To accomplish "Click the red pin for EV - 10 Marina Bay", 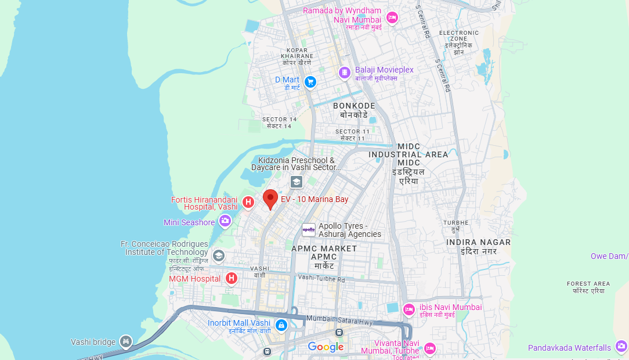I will click(x=270, y=199).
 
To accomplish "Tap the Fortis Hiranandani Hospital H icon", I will click(x=248, y=202).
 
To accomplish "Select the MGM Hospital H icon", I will click(x=232, y=279).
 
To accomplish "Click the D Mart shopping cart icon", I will click(x=310, y=82).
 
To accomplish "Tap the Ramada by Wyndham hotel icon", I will click(x=392, y=17).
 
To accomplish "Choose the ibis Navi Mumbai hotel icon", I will click(x=409, y=308).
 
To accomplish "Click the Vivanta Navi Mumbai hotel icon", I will click(x=430, y=348).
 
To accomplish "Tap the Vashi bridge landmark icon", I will click(x=126, y=342).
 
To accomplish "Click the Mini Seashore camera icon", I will click(x=225, y=221).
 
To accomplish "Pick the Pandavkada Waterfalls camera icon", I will click(x=621, y=347).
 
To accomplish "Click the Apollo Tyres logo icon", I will click(x=309, y=230).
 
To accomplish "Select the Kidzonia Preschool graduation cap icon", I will click(x=297, y=182).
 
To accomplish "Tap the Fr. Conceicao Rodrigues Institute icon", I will click(x=218, y=255).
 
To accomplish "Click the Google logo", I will click(x=326, y=347).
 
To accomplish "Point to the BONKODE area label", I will click(x=354, y=106).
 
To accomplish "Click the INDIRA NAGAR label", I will click(x=478, y=242).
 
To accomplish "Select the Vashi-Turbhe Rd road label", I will click(x=321, y=279).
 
